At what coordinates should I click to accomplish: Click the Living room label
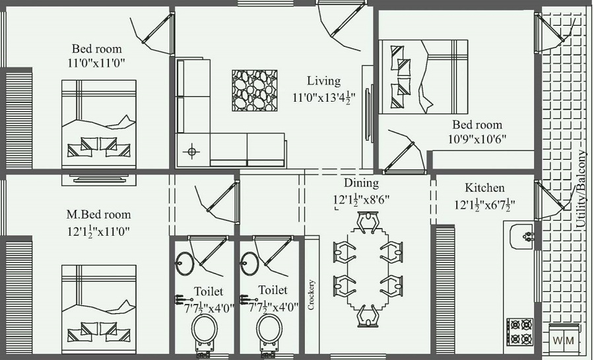pos(323,81)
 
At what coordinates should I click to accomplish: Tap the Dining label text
pos(361,183)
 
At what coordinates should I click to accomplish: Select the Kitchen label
pos(484,188)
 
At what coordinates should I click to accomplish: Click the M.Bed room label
pos(98,215)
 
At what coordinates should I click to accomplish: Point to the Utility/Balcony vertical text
pos(581,189)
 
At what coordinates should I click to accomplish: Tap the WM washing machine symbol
pos(563,340)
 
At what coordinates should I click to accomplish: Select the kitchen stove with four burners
pos(519,332)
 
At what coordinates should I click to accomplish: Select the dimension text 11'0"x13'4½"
pos(323,97)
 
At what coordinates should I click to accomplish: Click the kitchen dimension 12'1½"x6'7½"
pos(484,205)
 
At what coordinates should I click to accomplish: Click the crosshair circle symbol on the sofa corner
pos(192,151)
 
